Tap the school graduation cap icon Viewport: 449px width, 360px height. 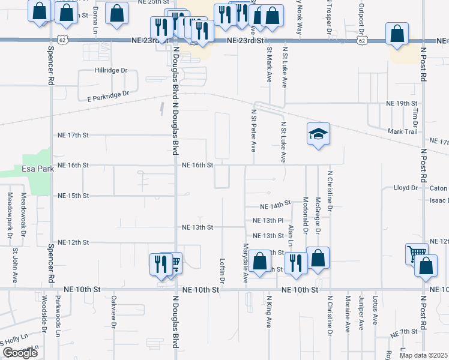click(319, 134)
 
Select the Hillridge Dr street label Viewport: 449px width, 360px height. click(112, 70)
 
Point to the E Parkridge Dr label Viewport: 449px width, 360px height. click(108, 96)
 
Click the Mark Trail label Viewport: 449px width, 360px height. click(402, 131)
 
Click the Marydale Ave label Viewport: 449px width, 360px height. click(245, 263)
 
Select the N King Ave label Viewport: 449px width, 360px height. click(269, 311)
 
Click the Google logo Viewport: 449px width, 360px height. click(20, 353)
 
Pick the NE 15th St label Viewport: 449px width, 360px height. click(73, 196)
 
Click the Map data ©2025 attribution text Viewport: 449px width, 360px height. click(424, 355)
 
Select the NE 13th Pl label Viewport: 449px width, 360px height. click(267, 220)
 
